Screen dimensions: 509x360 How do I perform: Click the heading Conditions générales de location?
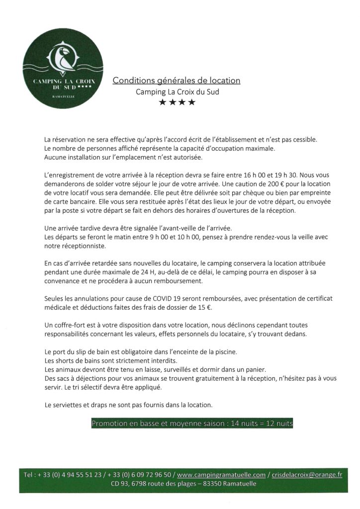[177, 80]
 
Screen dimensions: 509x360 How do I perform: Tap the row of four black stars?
[177, 103]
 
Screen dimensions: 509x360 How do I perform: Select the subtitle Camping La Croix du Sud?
[177, 91]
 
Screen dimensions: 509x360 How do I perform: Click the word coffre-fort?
[67, 325]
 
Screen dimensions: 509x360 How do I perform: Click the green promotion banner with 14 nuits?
[192, 424]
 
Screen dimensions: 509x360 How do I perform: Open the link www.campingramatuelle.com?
[222, 475]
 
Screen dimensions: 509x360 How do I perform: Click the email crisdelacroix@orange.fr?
[306, 475]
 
